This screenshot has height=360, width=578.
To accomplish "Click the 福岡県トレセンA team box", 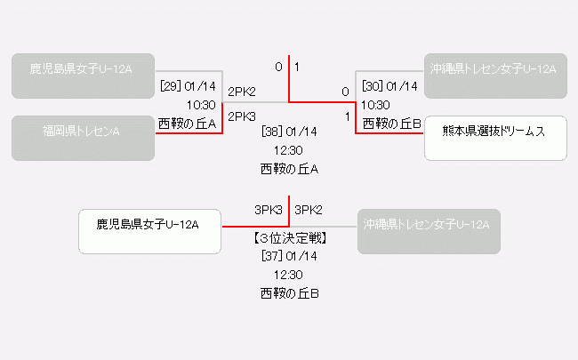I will click(83, 138).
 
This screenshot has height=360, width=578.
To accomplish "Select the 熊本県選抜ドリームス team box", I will click(495, 138).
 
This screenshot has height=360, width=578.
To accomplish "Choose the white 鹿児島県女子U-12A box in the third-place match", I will click(149, 231).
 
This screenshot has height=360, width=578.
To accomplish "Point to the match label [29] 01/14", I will click(189, 86).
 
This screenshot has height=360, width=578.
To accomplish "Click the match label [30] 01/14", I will click(389, 86).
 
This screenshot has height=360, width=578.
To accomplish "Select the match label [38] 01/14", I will click(289, 132).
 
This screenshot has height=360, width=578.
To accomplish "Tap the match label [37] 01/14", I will click(289, 256).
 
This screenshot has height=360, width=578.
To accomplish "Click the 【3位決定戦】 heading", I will click(289, 237).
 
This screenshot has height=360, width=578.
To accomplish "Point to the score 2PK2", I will click(242, 92).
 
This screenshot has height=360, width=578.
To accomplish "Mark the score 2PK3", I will click(242, 116).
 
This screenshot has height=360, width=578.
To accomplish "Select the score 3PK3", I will click(269, 211).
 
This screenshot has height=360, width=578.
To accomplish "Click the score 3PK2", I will click(309, 211).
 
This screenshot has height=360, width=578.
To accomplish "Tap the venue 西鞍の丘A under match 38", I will click(289, 169).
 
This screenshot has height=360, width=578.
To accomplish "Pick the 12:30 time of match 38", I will click(289, 150).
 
